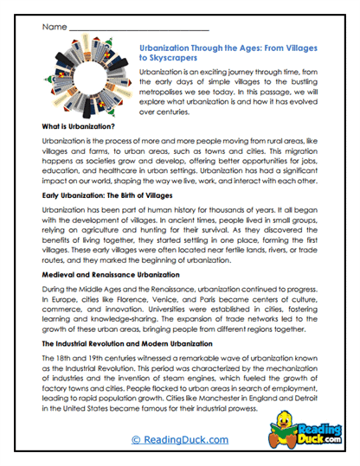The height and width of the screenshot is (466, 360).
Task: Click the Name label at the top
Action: click(53, 28)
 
